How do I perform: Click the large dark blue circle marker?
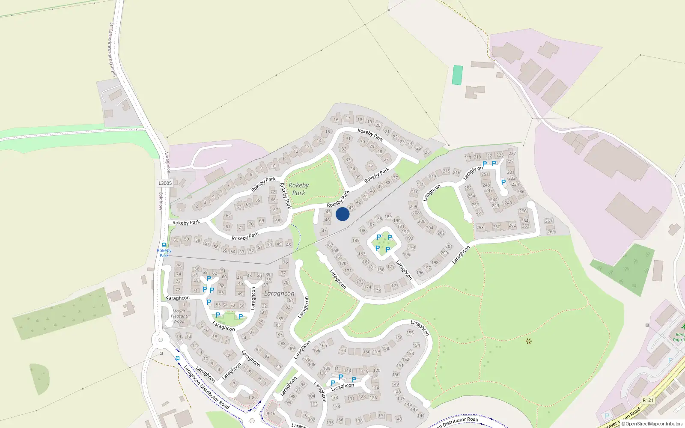tap(342, 214)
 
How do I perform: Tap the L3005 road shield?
tap(165, 183)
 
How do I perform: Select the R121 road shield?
tap(648, 400)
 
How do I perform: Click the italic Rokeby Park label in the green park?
tap(298, 189)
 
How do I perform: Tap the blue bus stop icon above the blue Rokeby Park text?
tap(164, 245)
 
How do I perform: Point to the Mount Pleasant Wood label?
tap(179, 316)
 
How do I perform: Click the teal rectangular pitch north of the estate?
tap(457, 75)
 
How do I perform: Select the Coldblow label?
tap(161, 200)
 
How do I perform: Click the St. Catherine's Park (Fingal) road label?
tap(113, 50)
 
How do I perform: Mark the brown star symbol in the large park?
tap(528, 341)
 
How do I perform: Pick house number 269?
tap(551, 232)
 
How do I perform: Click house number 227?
tap(512, 154)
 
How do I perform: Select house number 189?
tap(388, 217)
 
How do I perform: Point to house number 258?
tap(480, 228)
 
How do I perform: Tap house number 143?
tap(399, 419)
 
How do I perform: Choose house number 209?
tap(413, 206)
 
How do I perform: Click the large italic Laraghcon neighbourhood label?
tap(279, 294)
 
